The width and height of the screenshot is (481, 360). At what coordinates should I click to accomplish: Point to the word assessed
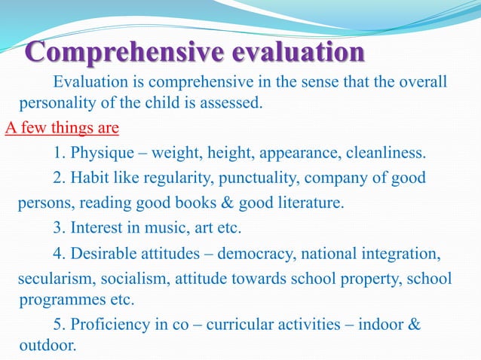tap(235, 102)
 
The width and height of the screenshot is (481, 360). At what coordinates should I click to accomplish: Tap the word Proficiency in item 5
tap(106, 325)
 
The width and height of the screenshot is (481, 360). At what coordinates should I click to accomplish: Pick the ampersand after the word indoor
tap(414, 325)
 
